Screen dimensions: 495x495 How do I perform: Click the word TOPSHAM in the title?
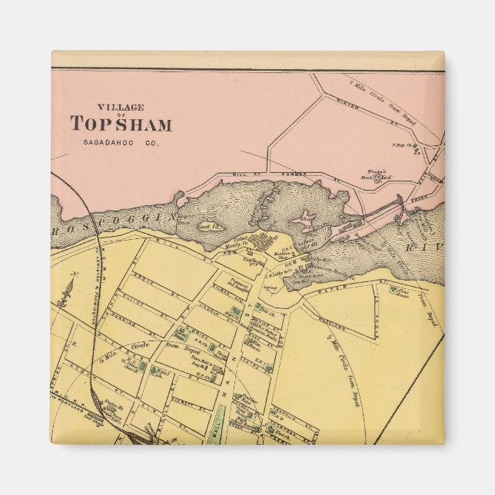[121, 124]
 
